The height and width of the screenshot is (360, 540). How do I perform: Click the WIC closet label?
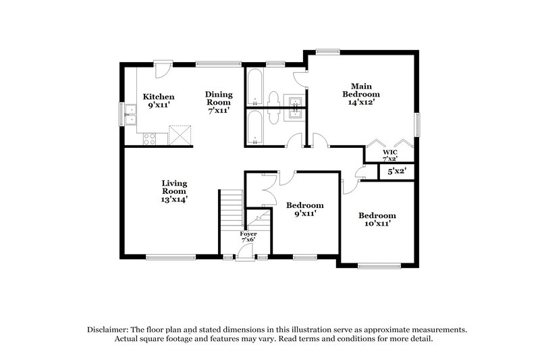coord(389,152)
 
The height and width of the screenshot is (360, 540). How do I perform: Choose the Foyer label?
coord(249,234)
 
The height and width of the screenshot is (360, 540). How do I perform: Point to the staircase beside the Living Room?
coord(232,211)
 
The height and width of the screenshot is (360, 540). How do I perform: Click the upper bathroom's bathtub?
coord(255,87)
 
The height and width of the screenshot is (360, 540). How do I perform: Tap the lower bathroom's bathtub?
coord(255,127)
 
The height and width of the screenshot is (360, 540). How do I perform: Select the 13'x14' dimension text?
coord(174,199)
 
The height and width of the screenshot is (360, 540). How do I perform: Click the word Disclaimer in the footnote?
coord(109,329)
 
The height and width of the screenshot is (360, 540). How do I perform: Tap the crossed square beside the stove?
coord(179,135)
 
